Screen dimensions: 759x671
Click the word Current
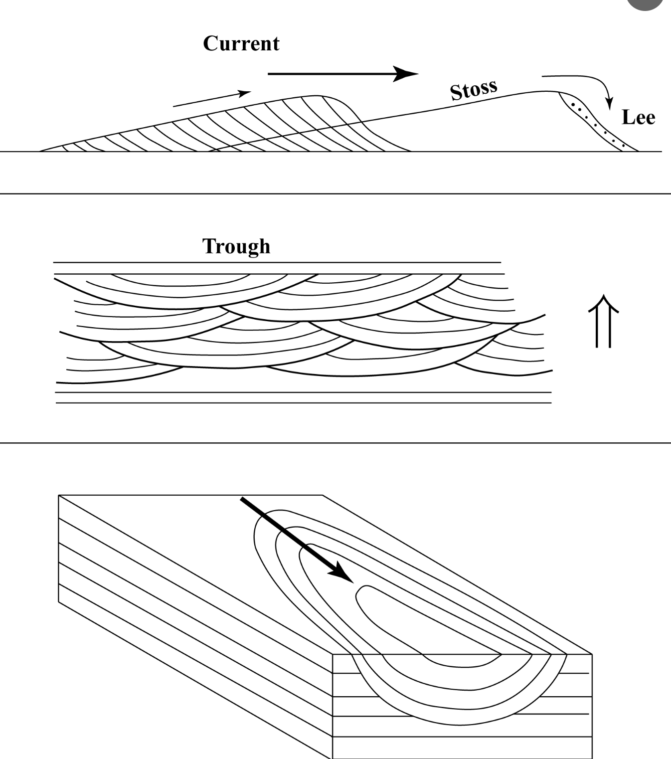[241, 43]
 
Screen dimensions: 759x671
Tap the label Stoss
[473, 90]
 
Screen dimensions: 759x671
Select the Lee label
[638, 117]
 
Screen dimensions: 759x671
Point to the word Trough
[236, 246]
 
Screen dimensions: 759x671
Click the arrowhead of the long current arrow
[406, 74]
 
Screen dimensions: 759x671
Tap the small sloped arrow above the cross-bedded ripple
[211, 99]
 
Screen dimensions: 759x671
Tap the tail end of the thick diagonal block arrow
[243, 499]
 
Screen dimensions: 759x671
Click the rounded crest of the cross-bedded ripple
[319, 96]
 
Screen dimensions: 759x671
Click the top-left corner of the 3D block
[59, 495]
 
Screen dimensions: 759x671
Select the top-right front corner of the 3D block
[592, 654]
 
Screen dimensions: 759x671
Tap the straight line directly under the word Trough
[277, 262]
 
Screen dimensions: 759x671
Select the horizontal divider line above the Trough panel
[335, 193]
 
